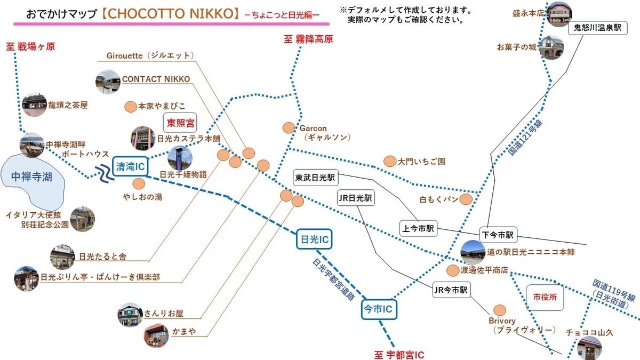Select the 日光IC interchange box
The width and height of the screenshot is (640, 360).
tap(314, 241)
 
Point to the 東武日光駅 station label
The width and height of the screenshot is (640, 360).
tap(315, 177)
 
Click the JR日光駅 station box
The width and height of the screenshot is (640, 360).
tap(356, 198)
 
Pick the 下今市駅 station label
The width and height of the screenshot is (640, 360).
tap(499, 234)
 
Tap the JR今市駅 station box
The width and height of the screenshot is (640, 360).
tap(451, 291)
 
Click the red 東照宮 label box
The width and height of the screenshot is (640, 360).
tap(180, 124)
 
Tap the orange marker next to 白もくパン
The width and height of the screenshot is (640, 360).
tap(466, 199)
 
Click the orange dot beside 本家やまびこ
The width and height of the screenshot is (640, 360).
tap(130, 106)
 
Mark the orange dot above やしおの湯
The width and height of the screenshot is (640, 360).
tap(139, 184)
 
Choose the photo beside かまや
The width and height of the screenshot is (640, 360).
tap(156, 335)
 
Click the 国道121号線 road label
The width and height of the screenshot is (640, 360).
tap(526, 137)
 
